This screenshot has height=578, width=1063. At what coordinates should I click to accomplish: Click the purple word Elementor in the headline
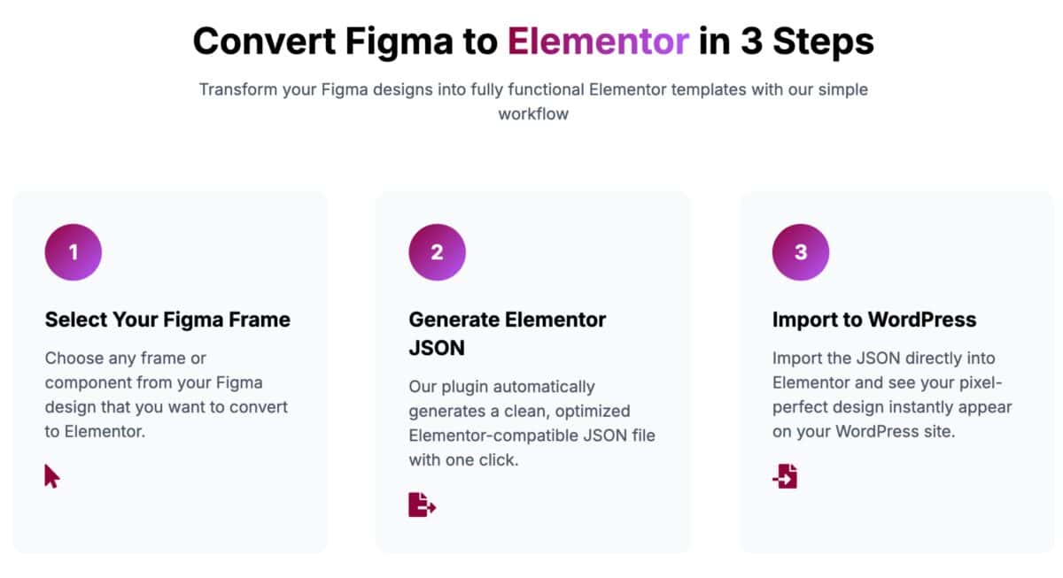[x=598, y=42]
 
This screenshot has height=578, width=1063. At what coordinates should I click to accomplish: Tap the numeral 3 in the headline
[x=752, y=42]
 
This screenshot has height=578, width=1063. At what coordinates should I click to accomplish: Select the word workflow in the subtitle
[x=532, y=114]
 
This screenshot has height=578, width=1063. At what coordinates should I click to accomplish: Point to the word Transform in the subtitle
[x=237, y=89]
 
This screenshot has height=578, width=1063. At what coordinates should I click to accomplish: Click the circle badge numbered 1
[x=74, y=252]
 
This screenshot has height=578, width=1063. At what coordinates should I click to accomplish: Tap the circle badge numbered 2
[x=437, y=252]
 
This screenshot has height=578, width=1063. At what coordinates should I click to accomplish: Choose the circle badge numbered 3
[x=801, y=252]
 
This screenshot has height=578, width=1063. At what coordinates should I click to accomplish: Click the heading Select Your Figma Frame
[x=167, y=320]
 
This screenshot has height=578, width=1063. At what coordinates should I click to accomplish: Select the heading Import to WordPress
[x=873, y=320]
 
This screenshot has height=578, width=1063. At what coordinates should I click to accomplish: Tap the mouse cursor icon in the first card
[x=52, y=476]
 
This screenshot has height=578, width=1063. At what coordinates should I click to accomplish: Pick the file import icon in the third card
[x=785, y=476]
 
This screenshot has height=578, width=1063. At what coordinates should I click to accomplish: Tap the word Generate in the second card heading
[x=453, y=320]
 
